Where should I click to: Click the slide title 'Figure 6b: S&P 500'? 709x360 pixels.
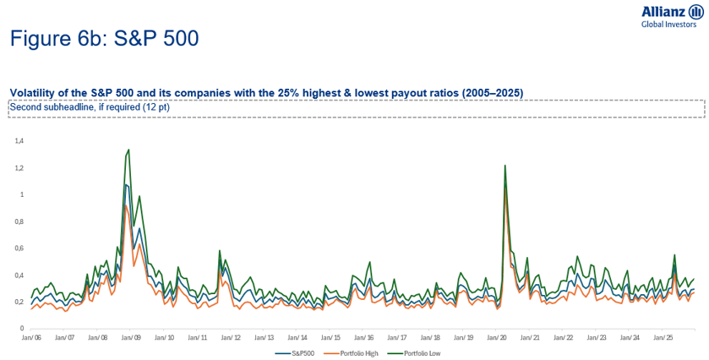[x=104, y=39]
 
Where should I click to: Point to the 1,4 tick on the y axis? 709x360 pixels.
[x=19, y=141]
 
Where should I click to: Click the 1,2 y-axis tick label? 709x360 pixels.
[x=19, y=168]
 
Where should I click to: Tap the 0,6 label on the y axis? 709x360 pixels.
[x=19, y=248]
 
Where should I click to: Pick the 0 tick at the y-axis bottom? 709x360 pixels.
[x=22, y=328]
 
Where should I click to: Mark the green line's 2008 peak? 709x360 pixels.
[x=128, y=150]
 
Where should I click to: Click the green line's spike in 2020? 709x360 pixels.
[x=504, y=166]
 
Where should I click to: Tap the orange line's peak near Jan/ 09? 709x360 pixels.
[x=125, y=205]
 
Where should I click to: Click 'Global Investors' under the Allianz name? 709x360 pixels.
[x=669, y=25]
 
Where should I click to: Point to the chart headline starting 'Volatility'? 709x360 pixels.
[x=266, y=92]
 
